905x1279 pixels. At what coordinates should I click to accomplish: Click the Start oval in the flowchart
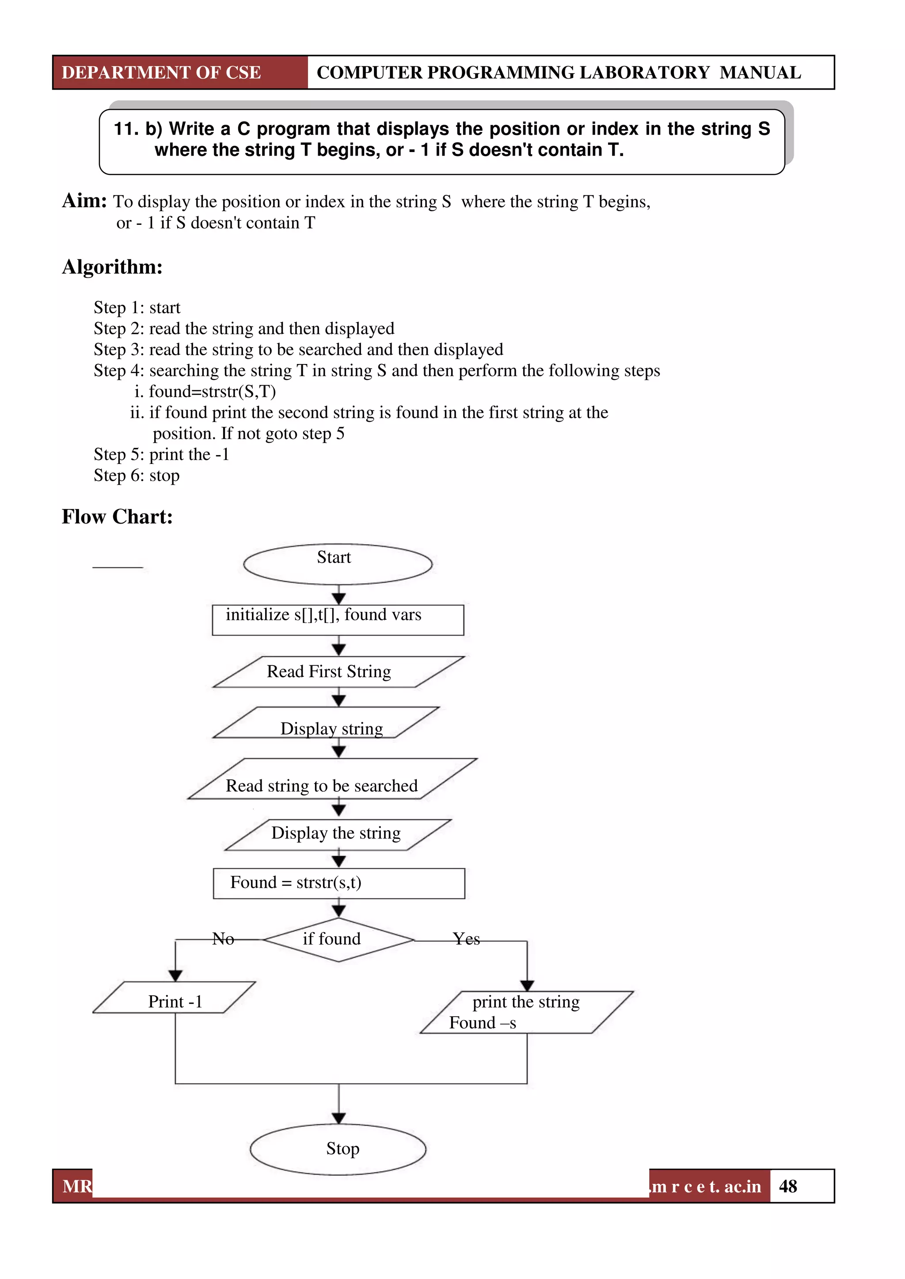click(x=338, y=564)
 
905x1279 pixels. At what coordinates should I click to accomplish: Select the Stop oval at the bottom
click(x=338, y=1149)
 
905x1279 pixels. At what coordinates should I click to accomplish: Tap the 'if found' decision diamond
click(x=338, y=940)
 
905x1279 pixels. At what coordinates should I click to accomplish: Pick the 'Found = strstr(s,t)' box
click(x=339, y=884)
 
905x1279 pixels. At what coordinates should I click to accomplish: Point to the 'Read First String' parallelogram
click(x=338, y=672)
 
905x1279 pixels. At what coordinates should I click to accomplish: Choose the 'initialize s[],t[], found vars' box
click(x=338, y=619)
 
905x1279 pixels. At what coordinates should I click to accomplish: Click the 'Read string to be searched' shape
click(x=332, y=779)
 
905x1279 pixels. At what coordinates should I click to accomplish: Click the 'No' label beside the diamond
click(x=223, y=939)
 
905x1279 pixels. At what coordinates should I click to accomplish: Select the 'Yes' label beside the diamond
click(x=466, y=939)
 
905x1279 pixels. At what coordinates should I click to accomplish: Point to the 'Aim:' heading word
click(x=84, y=201)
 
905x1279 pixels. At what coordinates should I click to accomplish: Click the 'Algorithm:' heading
click(x=112, y=267)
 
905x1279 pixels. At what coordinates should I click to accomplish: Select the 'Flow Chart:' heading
click(x=117, y=516)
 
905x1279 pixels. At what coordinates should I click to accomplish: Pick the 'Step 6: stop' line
click(x=137, y=476)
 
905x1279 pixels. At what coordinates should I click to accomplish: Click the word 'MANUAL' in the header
click(x=760, y=72)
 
